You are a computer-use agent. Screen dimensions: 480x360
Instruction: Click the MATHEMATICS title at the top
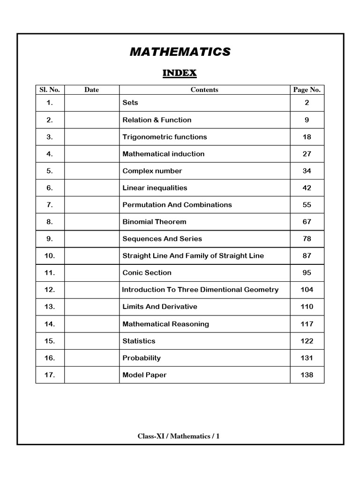(x=180, y=52)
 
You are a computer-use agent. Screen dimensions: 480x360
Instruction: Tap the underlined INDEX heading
(x=180, y=73)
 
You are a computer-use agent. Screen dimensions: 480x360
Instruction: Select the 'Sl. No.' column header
(x=50, y=90)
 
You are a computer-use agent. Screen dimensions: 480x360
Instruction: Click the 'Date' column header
(x=91, y=90)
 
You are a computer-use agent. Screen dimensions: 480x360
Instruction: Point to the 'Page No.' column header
(x=307, y=90)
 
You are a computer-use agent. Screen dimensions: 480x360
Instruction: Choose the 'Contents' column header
(x=204, y=90)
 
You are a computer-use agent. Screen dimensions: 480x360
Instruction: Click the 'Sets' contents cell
(x=130, y=103)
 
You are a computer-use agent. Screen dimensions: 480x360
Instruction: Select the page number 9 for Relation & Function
(x=307, y=120)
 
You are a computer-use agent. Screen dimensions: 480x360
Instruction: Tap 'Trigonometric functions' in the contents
(x=165, y=137)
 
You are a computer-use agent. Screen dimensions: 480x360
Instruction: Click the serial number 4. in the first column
(x=50, y=154)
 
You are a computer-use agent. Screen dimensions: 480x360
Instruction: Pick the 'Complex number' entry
(x=152, y=171)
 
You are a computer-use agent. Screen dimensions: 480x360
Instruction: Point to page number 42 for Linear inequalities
(x=307, y=188)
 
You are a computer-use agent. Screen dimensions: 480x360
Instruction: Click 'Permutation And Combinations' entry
(x=177, y=205)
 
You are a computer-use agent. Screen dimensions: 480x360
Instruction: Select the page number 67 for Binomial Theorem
(x=307, y=222)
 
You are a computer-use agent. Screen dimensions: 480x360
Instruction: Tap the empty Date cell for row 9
(x=91, y=239)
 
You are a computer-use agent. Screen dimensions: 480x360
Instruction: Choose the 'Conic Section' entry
(x=147, y=273)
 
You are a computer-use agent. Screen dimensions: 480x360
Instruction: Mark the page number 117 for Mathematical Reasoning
(x=307, y=324)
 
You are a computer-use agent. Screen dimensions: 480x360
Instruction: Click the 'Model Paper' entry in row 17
(x=144, y=375)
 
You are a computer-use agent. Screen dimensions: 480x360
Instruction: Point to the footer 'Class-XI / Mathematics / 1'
(x=179, y=436)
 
